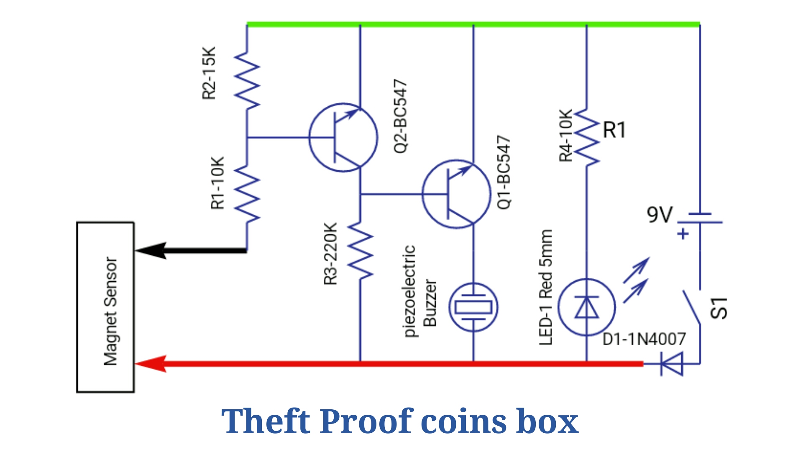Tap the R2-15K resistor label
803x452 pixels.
pos(209,73)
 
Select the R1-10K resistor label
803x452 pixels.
pos(217,183)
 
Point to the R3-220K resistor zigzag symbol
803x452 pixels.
pos(360,250)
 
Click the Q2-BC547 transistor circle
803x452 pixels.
pos(309,137)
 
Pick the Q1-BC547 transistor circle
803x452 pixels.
pos(422,194)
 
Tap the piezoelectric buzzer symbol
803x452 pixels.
pos(473,307)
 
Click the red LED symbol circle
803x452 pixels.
pos(559,307)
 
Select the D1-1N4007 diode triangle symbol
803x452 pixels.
pos(671,364)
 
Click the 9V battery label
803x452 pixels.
pos(660,215)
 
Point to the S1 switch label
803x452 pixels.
pos(719,308)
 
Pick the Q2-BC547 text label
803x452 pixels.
pos(400,116)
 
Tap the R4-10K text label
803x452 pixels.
pos(565,136)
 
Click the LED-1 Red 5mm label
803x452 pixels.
pos(546,287)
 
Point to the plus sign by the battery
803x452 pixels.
pos(683,234)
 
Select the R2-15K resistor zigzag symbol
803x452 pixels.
pos(247,81)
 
